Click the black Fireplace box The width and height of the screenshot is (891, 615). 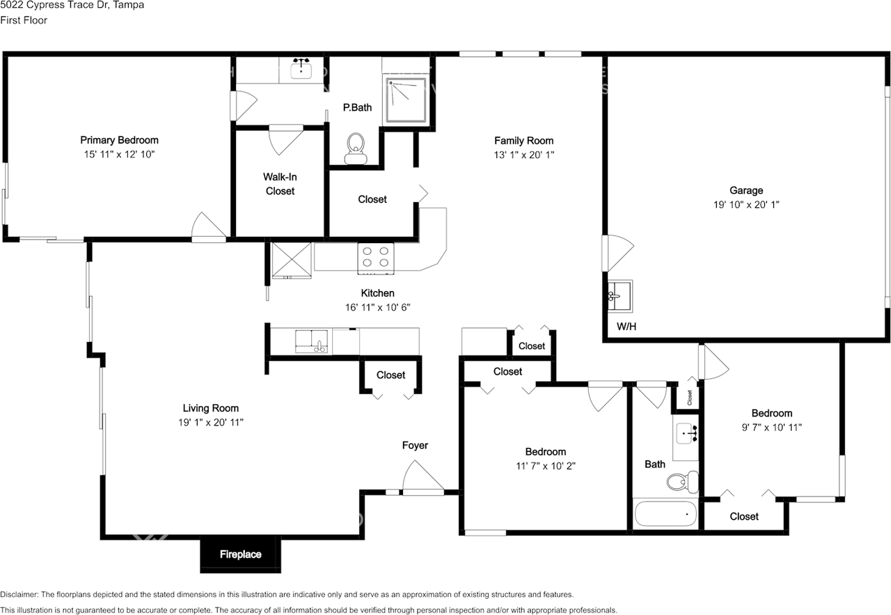(241, 554)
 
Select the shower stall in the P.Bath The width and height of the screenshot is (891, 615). (407, 100)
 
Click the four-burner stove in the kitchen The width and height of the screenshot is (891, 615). (376, 257)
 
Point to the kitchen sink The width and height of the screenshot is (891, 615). (312, 341)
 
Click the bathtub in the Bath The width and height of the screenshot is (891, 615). (665, 515)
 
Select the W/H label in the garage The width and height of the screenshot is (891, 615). (626, 326)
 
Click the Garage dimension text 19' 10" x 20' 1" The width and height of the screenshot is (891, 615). (746, 205)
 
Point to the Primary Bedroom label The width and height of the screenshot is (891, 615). (119, 140)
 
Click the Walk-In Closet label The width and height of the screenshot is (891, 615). (280, 184)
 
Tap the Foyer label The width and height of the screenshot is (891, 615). (415, 446)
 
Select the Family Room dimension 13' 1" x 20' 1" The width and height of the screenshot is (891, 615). (524, 155)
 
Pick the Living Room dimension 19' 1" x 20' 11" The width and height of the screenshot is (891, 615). (210, 422)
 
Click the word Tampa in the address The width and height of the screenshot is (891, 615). (130, 5)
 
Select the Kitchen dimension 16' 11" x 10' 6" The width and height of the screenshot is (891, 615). (377, 307)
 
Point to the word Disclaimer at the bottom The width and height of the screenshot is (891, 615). (21, 595)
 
